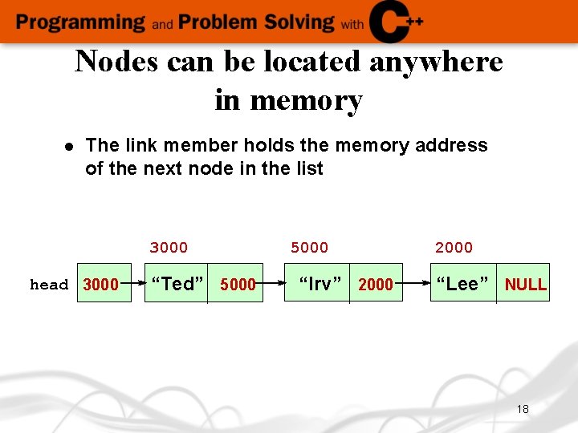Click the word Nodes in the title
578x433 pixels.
pos(116,62)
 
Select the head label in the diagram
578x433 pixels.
pos(49,285)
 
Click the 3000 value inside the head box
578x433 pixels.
pos(101,285)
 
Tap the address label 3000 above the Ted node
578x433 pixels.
pos(169,247)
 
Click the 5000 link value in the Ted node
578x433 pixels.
pos(238,285)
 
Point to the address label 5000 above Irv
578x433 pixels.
pos(309,247)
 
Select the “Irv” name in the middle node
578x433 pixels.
pos(320,284)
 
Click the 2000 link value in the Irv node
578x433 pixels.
pos(376,285)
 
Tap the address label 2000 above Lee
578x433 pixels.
pos(454,247)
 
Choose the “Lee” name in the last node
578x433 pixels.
pos(462,284)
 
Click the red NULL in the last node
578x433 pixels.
pos(526,285)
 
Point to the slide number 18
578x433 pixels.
pos(523,409)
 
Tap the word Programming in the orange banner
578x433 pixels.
pos(80,22)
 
